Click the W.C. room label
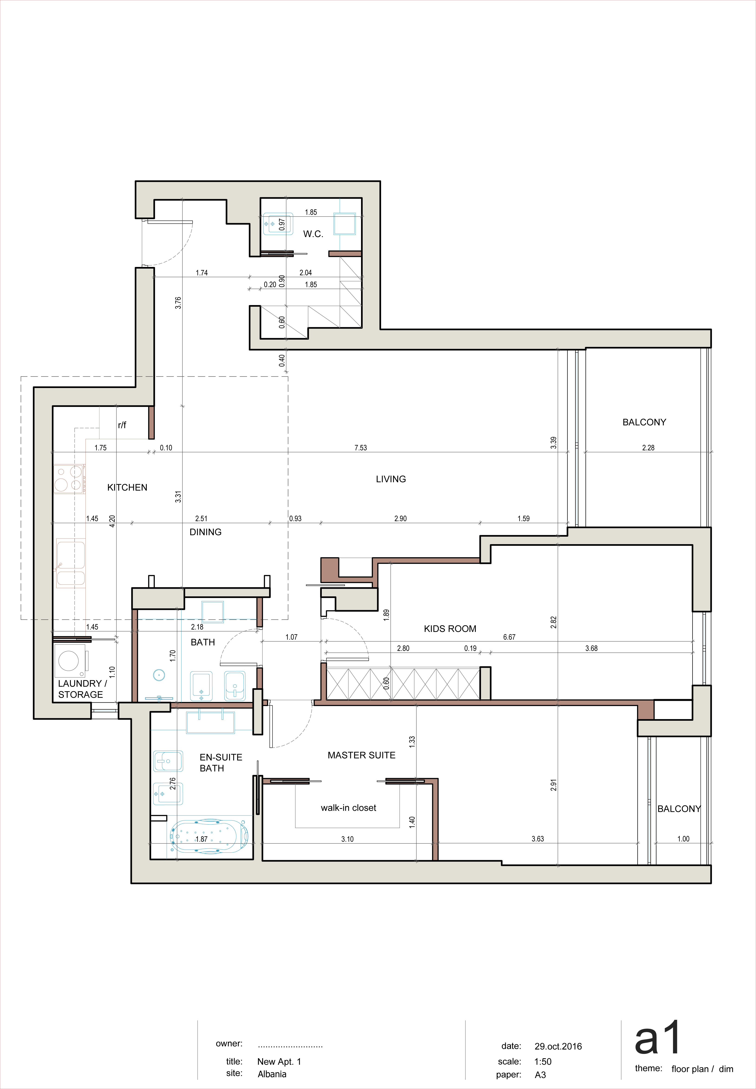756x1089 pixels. click(313, 234)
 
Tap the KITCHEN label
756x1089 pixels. click(127, 487)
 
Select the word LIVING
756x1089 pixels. click(391, 479)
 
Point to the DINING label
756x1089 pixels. click(206, 532)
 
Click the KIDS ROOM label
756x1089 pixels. click(450, 628)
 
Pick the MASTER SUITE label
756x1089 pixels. click(362, 755)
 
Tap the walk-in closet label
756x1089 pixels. click(349, 808)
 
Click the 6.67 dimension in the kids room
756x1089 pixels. click(509, 637)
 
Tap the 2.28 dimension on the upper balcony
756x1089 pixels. click(648, 448)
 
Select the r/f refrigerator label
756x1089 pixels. click(122, 425)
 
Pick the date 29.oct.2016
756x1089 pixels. click(558, 1046)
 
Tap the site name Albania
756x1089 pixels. click(272, 1074)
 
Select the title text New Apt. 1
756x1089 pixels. click(279, 1062)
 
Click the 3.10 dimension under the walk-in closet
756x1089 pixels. click(347, 839)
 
